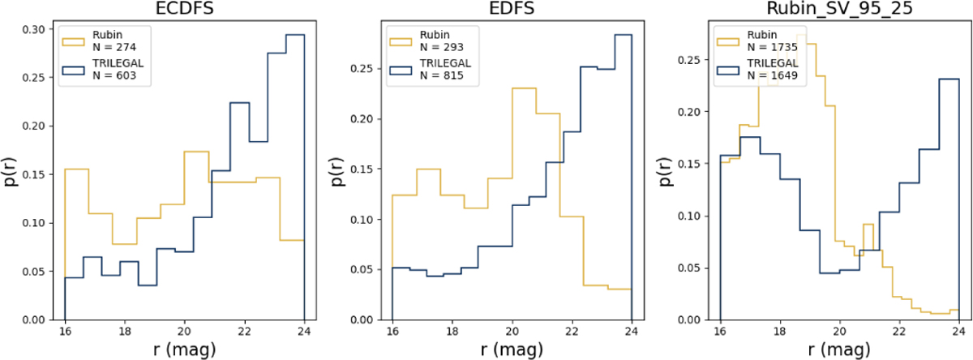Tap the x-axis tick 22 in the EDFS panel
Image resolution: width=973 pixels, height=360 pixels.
click(x=572, y=332)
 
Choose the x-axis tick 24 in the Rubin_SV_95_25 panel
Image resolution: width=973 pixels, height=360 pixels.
click(x=958, y=332)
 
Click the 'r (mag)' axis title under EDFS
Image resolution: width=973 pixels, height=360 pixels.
click(x=512, y=350)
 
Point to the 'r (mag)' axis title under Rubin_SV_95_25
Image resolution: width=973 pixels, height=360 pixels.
click(x=839, y=350)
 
